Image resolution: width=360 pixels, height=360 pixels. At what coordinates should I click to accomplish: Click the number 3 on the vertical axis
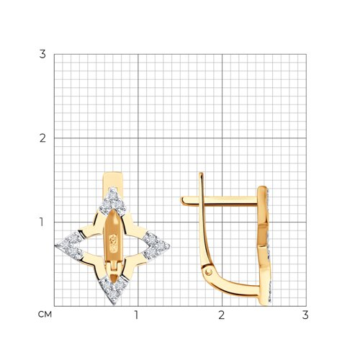[42, 54]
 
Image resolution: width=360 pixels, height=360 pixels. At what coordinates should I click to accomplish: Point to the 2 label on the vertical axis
[42, 138]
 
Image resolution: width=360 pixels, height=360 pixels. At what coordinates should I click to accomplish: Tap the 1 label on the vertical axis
[42, 222]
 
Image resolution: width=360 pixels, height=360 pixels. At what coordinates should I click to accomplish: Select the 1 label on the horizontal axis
[137, 315]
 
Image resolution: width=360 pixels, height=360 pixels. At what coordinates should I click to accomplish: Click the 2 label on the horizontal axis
[221, 315]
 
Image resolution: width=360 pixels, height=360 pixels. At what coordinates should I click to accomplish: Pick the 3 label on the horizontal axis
[305, 315]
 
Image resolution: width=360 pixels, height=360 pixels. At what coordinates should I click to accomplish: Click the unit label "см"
[45, 315]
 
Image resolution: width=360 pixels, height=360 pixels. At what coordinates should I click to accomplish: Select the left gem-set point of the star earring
[69, 246]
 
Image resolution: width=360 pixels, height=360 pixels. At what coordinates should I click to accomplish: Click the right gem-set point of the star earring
[156, 246]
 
